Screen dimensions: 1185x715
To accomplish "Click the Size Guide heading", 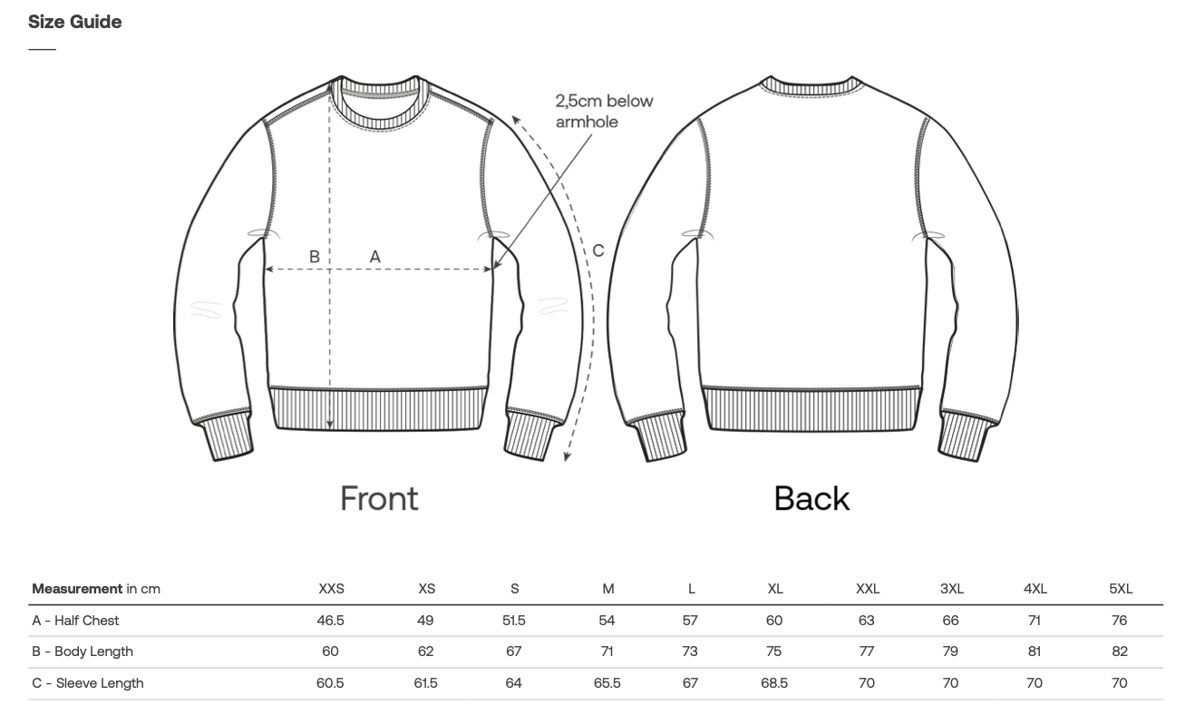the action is coord(74,22).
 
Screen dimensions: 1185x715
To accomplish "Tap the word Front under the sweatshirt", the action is coord(379,498).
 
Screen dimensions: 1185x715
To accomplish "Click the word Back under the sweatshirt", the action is coord(811,498).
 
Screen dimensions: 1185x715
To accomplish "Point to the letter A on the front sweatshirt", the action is coord(374,258).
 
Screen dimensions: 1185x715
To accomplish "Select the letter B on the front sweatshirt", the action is coord(314,258).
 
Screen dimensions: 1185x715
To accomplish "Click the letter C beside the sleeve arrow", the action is coord(598,251).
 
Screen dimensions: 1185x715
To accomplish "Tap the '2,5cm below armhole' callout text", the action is coord(604,112).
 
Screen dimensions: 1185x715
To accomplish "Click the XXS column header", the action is coord(331,589).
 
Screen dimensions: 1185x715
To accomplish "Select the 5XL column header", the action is coord(1121,589).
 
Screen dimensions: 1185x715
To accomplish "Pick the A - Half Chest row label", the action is coord(76,621).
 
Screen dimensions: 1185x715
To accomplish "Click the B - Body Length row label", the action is coord(83,651).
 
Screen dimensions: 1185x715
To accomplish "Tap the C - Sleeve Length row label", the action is coord(88,683).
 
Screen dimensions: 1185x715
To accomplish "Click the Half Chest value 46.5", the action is coord(329,621).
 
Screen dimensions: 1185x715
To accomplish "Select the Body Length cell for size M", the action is coord(607,651).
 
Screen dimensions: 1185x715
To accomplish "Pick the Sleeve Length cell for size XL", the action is coord(774,683).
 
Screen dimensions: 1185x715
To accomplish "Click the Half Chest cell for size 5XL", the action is coord(1120,621).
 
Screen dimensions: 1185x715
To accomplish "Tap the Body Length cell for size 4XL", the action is coord(1034,651).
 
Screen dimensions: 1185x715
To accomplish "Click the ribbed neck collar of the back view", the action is coord(811,86).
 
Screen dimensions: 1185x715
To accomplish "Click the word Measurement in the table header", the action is coord(77,589).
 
